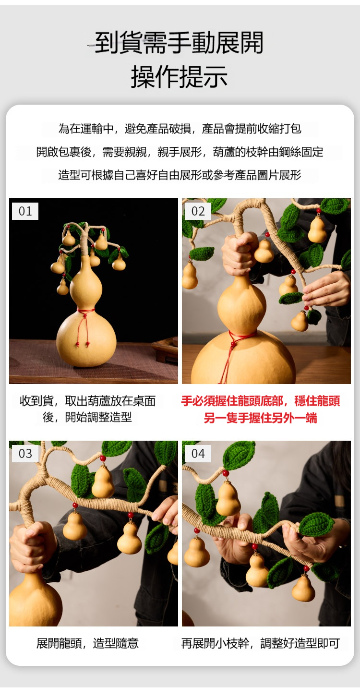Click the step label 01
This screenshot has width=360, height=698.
tap(25, 211)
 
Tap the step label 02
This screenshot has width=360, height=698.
tap(198, 211)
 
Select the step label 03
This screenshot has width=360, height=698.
tap(25, 453)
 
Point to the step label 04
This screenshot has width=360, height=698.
tap(198, 453)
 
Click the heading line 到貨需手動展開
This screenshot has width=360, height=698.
tap(179, 43)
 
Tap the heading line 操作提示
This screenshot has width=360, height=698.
tap(179, 77)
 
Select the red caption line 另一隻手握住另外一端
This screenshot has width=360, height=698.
tap(260, 418)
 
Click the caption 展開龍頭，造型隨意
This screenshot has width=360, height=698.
tap(87, 643)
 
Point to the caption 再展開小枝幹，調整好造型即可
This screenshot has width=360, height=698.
tap(260, 643)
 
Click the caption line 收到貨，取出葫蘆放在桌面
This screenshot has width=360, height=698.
tap(87, 401)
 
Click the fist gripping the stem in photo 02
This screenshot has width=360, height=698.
tap(240, 253)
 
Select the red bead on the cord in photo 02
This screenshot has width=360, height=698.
tap(233, 344)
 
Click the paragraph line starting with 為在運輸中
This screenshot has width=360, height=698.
tap(180, 128)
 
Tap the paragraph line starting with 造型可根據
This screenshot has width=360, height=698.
tap(180, 175)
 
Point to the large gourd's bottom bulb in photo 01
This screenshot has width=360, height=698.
tap(86, 338)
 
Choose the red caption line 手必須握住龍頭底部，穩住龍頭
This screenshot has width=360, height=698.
tap(260, 401)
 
